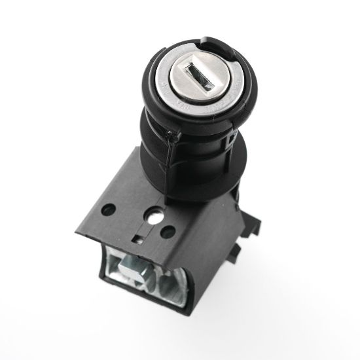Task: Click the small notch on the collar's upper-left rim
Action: click(153, 60)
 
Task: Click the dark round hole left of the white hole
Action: click(110, 211)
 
